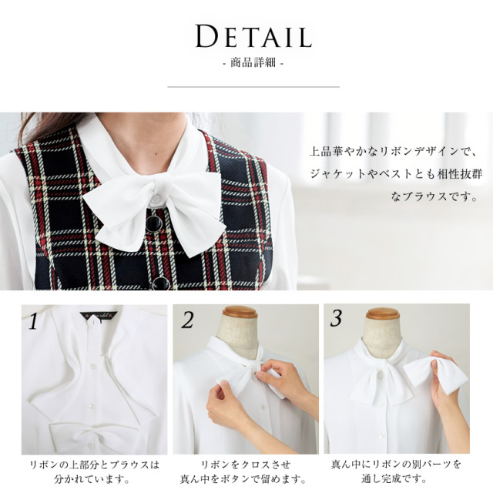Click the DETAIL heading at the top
tap(253, 36)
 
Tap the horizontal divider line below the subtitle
tap(253, 87)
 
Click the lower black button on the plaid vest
tap(160, 283)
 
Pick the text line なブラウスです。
tap(429, 197)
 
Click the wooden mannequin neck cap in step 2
tap(239, 313)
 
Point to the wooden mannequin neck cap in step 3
tap(383, 314)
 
